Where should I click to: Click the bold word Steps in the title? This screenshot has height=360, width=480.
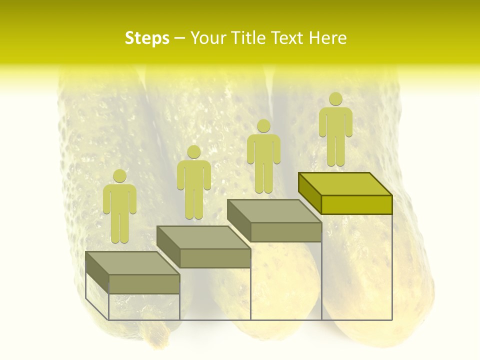point(147,38)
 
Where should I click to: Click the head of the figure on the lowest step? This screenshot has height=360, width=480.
point(119,176)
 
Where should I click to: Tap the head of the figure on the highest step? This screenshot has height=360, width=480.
point(335,99)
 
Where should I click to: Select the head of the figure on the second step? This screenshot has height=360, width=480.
point(193,152)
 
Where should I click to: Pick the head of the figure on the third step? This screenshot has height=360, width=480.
point(263,125)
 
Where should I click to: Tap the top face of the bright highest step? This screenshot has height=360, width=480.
point(345,184)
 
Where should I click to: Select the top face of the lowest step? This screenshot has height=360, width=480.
point(132,263)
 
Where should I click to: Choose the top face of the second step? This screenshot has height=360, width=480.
point(203,237)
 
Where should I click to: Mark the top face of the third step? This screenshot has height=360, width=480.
point(274,211)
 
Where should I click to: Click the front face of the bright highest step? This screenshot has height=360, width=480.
point(356,204)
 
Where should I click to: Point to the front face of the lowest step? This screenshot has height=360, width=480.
point(144,284)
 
